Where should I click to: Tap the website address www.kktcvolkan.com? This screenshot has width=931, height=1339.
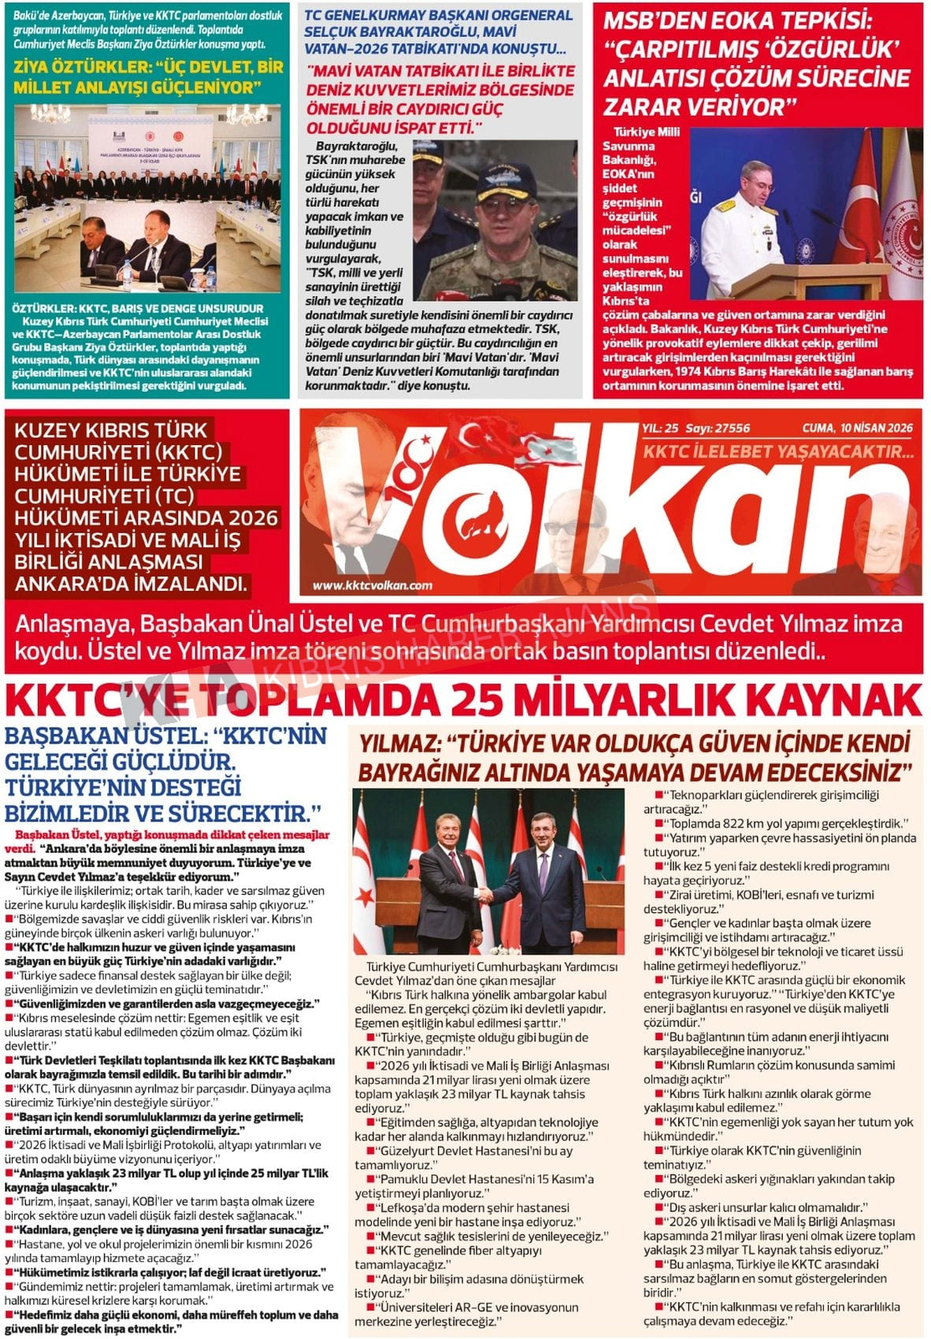coord(372,585)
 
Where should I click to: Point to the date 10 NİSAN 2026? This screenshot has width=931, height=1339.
coord(874,428)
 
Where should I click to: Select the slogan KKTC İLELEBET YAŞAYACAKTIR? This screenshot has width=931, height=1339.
coord(778,451)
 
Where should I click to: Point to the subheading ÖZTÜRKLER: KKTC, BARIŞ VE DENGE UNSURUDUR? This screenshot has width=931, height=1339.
coord(138,309)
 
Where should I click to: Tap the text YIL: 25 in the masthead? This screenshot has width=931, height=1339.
coord(660,428)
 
